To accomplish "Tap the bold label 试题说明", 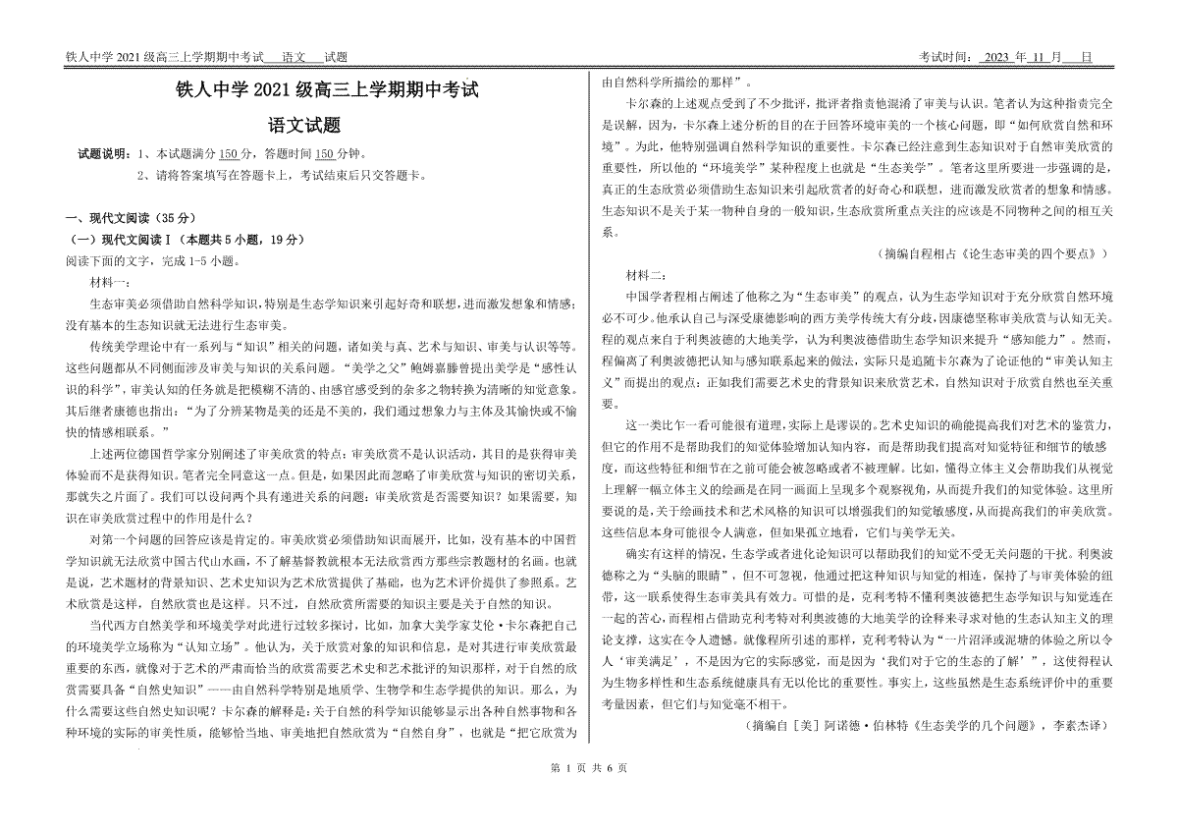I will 102,155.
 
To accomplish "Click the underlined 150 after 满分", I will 227,155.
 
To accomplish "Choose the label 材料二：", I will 646,272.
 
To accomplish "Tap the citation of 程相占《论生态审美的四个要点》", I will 995,252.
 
